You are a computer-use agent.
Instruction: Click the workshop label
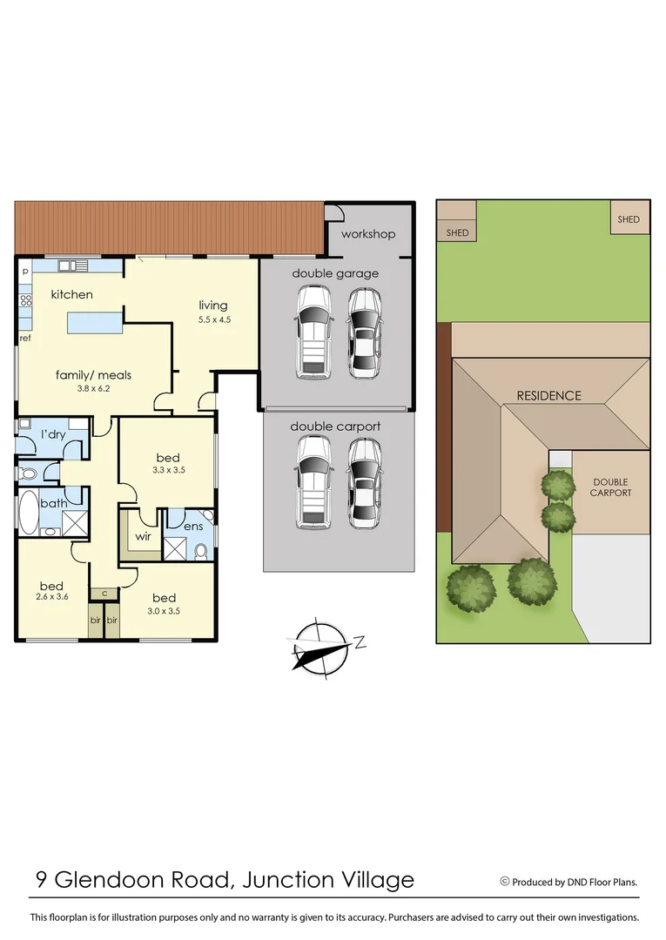(368, 234)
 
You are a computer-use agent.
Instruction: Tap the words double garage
(335, 273)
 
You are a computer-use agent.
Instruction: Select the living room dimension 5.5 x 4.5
(214, 319)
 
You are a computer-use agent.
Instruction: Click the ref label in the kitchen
(25, 338)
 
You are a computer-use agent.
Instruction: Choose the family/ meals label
(93, 375)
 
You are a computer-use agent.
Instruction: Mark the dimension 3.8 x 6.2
(93, 389)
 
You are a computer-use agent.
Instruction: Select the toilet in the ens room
(201, 551)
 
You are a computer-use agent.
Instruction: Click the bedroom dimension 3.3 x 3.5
(168, 470)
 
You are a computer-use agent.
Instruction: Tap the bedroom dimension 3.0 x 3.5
(164, 611)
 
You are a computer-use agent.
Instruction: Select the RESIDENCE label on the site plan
(548, 395)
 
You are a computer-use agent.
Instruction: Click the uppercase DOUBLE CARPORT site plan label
(610, 487)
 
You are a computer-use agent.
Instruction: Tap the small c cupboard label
(104, 594)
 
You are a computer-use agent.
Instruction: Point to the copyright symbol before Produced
(504, 881)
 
